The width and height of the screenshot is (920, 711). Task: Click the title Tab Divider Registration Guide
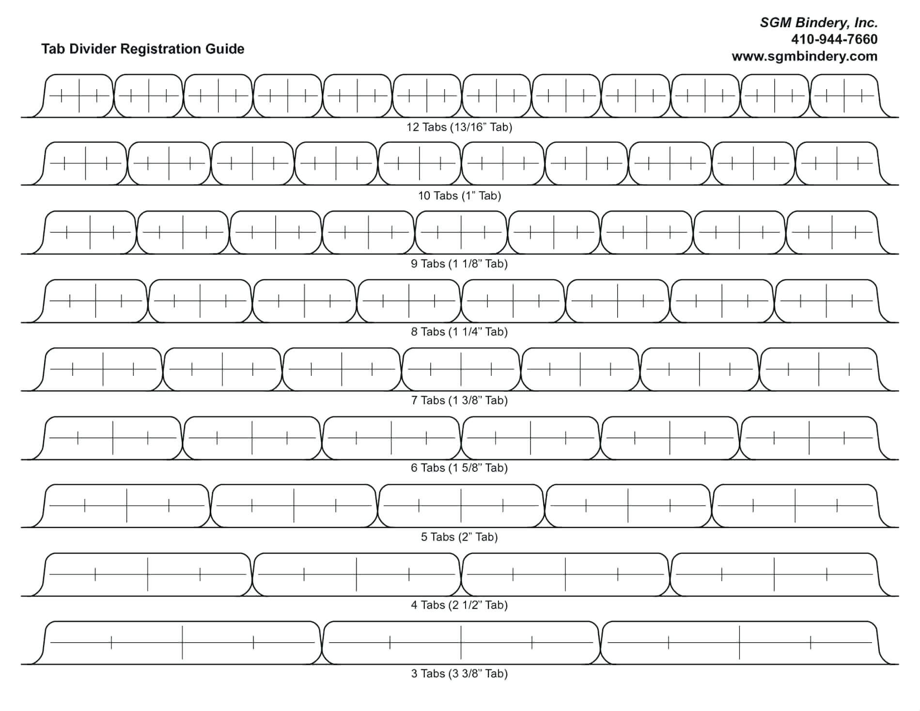pos(143,49)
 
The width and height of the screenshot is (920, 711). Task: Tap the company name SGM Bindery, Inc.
pos(819,23)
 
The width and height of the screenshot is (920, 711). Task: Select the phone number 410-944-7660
pos(834,39)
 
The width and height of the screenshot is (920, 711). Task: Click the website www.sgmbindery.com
pos(805,56)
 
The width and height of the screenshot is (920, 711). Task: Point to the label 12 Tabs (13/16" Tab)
pos(459,127)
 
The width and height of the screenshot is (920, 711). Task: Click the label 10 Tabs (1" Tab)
pos(459,196)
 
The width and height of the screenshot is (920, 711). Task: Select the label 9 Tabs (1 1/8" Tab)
pos(459,264)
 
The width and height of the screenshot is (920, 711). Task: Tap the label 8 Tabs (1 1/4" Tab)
pos(459,332)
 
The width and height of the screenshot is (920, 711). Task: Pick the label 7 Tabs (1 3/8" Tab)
pos(459,401)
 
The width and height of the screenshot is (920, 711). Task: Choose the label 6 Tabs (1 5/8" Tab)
pos(459,468)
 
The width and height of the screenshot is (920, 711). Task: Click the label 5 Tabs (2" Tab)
pos(459,537)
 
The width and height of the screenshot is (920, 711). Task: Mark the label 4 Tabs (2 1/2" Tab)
pos(459,605)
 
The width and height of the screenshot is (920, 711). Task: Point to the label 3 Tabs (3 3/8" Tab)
pos(459,674)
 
